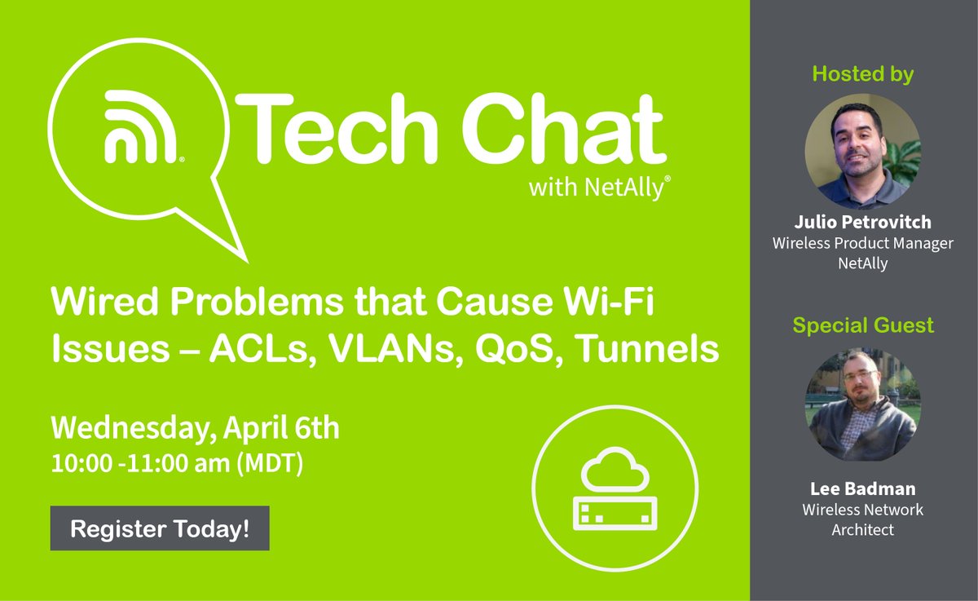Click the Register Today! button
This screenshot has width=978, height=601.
click(160, 528)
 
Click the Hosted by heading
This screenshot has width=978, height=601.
click(863, 74)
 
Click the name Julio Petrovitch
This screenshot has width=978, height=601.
click(863, 222)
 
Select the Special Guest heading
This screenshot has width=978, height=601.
click(863, 325)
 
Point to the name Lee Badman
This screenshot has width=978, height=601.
click(863, 489)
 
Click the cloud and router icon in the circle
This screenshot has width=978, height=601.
click(615, 488)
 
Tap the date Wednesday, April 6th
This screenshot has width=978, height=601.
click(195, 428)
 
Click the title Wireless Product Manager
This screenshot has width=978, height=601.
click(863, 243)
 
